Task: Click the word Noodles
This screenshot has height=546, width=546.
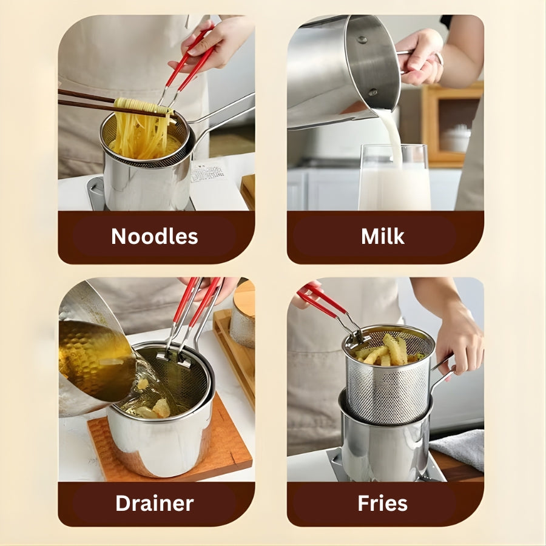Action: coord(155,237)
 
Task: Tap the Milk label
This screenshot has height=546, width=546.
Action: coord(382,237)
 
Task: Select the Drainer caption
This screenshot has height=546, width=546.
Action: coord(155,503)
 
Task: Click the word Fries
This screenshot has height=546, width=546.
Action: coord(382,503)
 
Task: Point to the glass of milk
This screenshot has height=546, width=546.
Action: coord(394,182)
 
